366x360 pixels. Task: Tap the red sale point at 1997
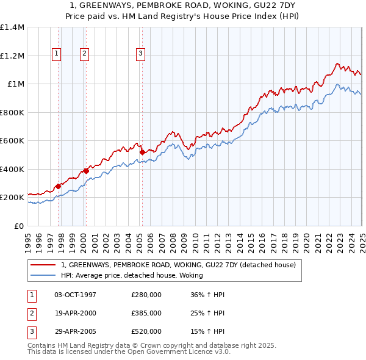point(59,186)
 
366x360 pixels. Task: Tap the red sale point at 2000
point(86,171)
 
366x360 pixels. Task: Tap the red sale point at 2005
point(142,153)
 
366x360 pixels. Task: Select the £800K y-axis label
point(12,112)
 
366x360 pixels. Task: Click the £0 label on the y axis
point(19,226)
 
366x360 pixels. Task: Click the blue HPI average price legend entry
point(132,275)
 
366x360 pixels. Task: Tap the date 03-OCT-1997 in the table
point(75,295)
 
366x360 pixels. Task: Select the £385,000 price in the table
point(146,313)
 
